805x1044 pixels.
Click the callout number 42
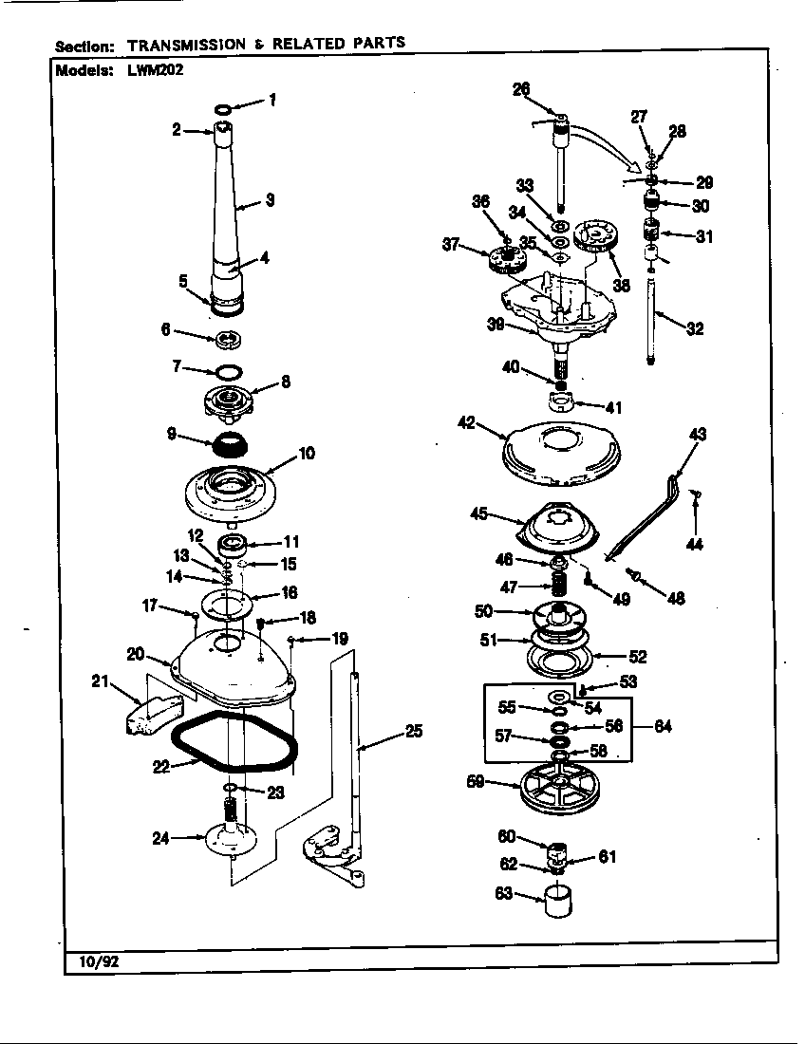click(465, 424)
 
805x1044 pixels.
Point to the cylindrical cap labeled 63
click(556, 897)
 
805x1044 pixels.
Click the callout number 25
click(413, 732)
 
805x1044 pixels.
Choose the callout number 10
click(306, 454)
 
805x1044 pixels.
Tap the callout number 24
click(160, 837)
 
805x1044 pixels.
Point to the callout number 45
click(479, 513)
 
